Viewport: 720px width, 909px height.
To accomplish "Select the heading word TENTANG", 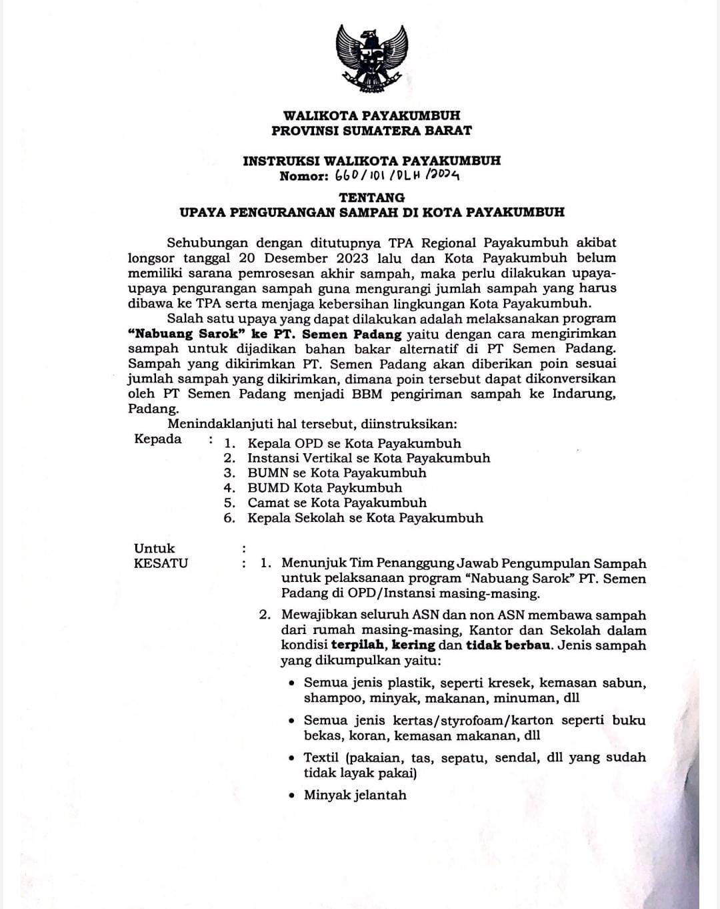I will tap(372, 198).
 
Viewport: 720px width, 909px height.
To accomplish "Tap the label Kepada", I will tap(158, 439).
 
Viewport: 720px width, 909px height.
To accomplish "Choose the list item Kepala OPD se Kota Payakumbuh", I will tap(354, 443).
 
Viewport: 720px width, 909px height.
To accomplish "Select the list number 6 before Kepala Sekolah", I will tap(229, 518).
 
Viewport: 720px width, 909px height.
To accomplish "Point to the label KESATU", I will tap(161, 563).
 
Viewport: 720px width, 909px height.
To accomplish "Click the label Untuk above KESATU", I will tap(154, 549).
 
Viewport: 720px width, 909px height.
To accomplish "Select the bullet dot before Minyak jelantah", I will tap(291, 796).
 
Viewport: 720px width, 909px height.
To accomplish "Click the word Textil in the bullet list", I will tap(321, 758).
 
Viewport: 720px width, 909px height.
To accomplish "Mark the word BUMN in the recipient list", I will tap(268, 473).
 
